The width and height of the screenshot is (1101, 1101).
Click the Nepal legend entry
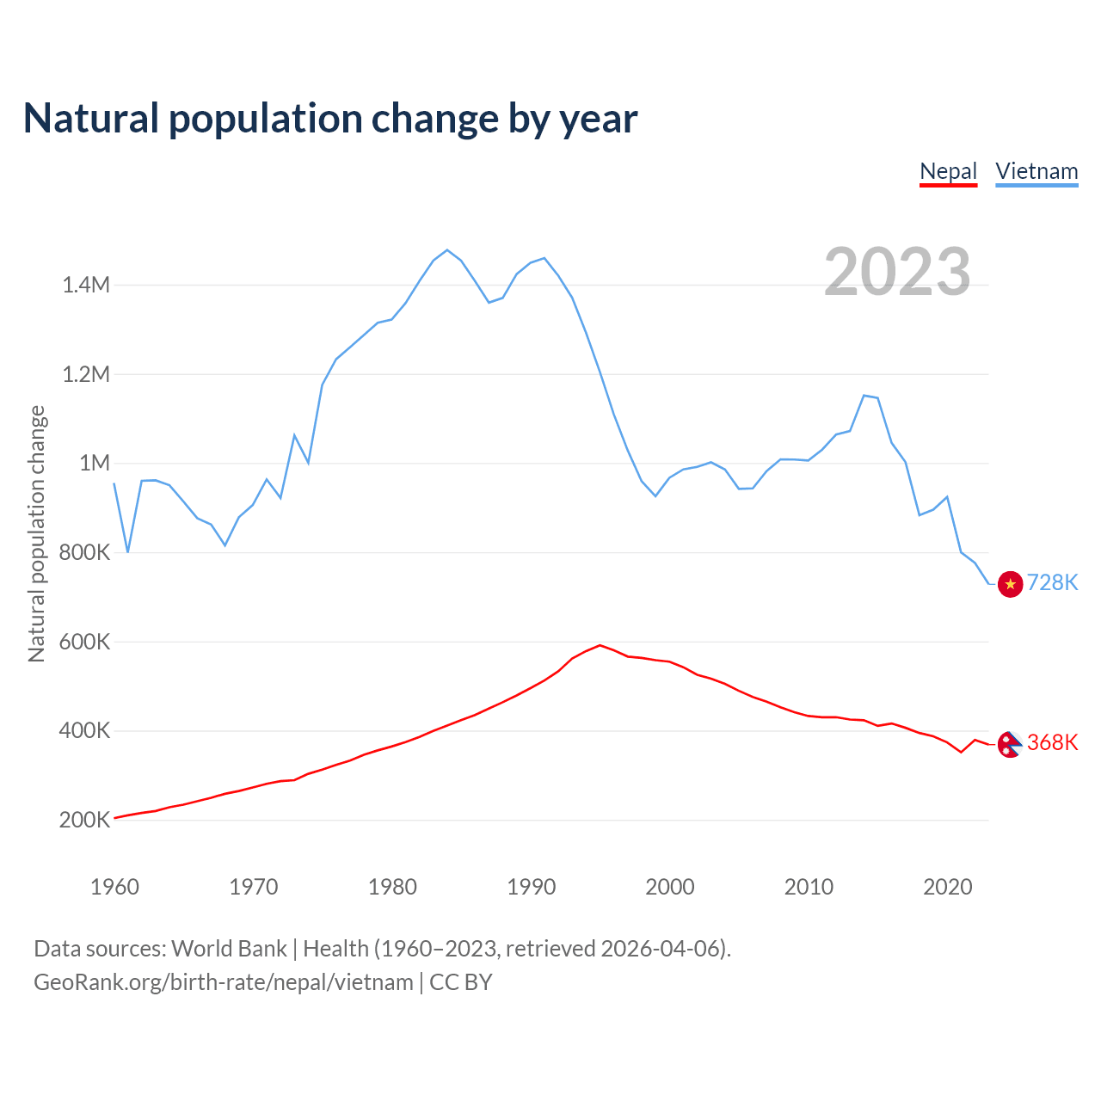(948, 171)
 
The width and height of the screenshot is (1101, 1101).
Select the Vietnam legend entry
(1036, 171)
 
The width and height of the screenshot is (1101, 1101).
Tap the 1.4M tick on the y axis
(86, 285)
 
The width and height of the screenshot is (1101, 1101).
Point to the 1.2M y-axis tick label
(86, 374)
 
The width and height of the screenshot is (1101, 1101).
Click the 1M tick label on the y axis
(95, 464)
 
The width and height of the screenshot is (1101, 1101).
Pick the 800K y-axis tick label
(84, 552)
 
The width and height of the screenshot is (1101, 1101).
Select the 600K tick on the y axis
(84, 642)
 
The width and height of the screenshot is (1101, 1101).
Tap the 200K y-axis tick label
(84, 820)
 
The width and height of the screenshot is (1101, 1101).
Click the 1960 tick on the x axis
(114, 887)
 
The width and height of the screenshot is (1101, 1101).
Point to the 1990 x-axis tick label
(531, 887)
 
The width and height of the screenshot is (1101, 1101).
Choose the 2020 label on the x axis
(947, 887)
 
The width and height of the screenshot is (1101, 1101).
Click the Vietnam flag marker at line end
(1010, 584)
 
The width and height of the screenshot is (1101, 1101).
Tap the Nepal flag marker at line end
(1010, 744)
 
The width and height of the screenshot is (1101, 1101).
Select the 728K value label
(1052, 583)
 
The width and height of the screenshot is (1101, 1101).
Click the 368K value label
(1052, 742)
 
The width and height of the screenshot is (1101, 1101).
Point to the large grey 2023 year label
(897, 272)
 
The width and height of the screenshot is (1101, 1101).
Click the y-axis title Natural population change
(37, 534)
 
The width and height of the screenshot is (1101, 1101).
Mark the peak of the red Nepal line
(600, 645)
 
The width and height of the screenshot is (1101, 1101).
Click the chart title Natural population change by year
(330, 119)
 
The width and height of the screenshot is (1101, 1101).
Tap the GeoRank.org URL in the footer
(224, 982)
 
